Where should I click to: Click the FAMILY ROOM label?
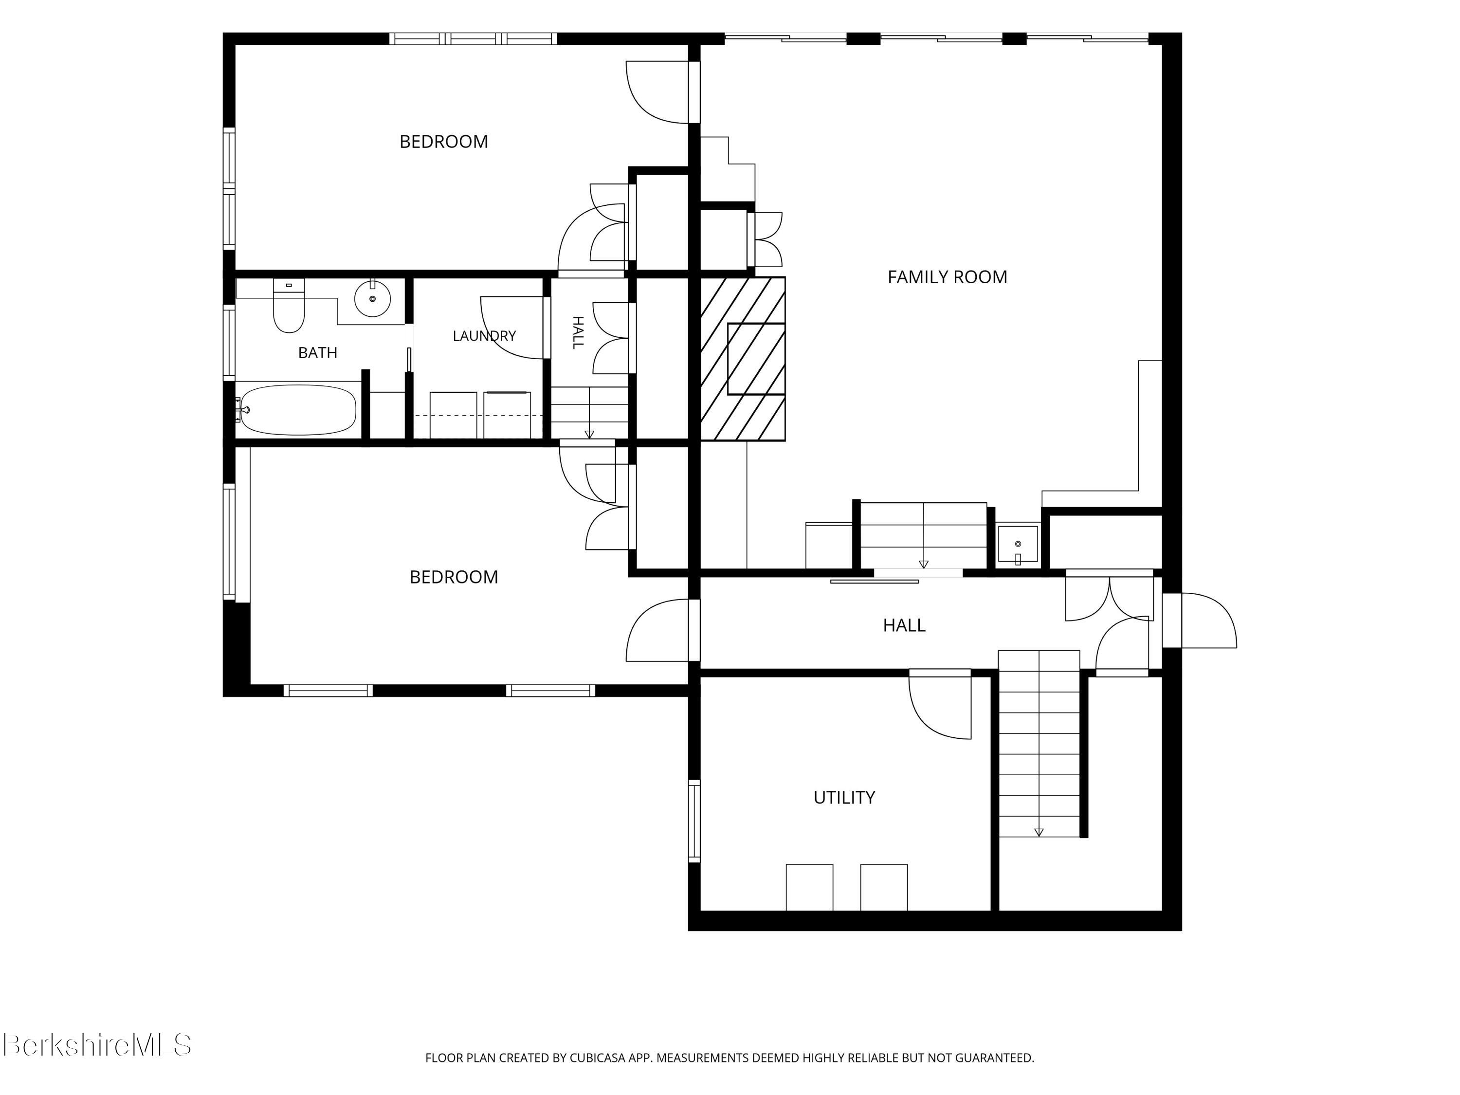coord(947,277)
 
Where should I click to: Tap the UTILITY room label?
coord(844,798)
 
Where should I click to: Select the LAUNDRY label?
coord(484,336)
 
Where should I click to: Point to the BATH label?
coord(317,353)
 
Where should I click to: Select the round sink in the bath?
coord(372,299)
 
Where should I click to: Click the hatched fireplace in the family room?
coord(743,359)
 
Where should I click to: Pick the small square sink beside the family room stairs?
coord(1017,545)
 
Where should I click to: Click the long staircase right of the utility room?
coord(1039,744)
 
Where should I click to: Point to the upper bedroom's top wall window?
coord(473,39)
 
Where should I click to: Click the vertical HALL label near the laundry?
coord(578,333)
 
